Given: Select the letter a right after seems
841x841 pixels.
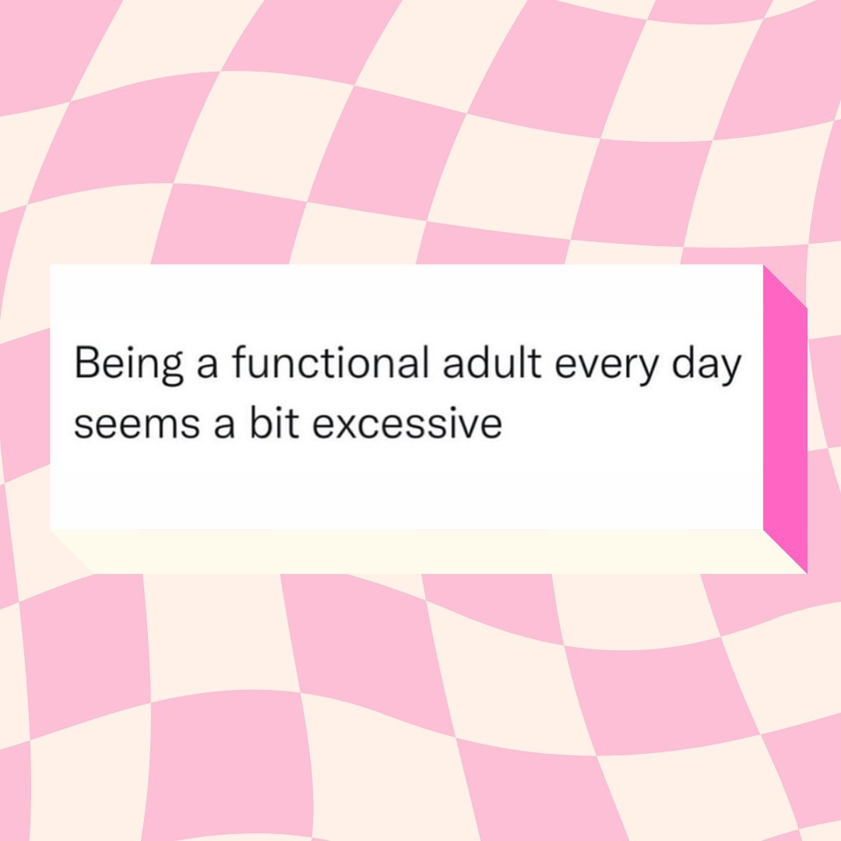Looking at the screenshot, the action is [223, 426].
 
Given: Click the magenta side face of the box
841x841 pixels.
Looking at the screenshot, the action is [785, 419].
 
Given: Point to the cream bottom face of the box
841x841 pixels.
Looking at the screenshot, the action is [428, 551].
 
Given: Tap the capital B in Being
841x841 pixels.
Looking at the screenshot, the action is [87, 363].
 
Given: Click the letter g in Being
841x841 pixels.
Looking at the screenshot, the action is [171, 369].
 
